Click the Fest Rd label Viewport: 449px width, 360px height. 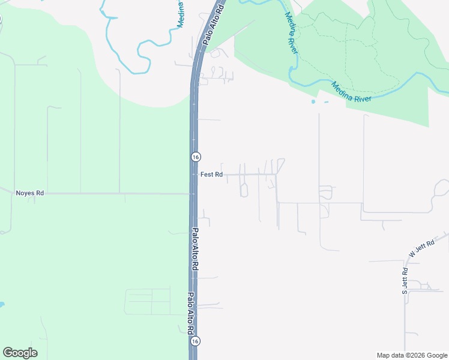coord(211,175)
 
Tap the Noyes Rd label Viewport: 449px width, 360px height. coord(30,193)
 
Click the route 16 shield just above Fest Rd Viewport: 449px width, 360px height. coord(196,157)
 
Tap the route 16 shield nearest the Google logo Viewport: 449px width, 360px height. coord(195,341)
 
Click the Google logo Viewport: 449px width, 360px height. coord(20,353)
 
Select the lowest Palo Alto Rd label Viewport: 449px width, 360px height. coord(190,313)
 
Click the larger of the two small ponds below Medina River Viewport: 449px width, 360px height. coord(313,102)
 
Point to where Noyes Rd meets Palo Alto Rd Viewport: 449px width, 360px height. coord(193,194)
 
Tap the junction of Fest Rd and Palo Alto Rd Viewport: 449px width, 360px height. coord(194,175)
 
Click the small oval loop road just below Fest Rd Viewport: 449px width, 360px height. coord(244,190)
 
